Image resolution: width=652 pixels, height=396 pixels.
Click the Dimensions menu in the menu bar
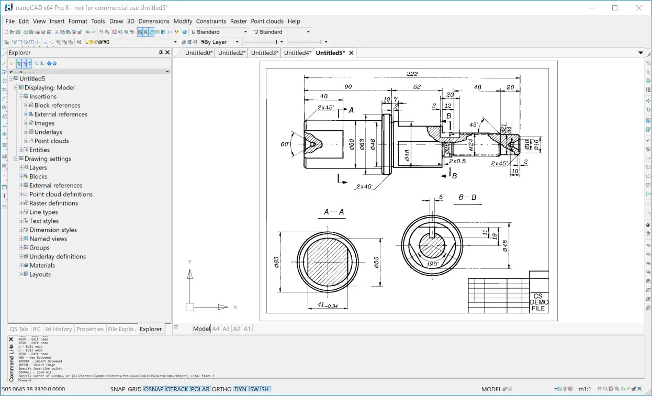coord(154,21)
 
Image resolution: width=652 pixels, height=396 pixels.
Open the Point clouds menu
coord(267,21)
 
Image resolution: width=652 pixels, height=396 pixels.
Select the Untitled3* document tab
coord(264,53)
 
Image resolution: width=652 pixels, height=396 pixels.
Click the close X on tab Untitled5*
coord(352,53)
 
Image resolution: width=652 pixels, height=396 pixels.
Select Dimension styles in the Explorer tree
coord(53,230)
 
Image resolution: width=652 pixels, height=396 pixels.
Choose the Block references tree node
coord(57,106)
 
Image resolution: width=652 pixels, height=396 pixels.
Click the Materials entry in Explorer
coord(42,266)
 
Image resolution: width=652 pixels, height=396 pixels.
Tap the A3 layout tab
coord(226,329)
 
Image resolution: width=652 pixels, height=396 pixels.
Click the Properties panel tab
coord(90,329)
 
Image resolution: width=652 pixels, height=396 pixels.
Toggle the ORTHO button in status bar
coord(222,389)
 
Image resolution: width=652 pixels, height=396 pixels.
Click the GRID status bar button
coord(135,389)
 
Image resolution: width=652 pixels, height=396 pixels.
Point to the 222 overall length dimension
coord(412,74)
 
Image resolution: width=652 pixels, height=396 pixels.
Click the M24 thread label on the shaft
coord(471,145)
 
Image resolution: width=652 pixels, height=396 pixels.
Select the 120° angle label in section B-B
coord(433,265)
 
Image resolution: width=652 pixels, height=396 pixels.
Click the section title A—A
coord(334,212)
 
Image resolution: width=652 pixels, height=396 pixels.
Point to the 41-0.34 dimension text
coord(328,305)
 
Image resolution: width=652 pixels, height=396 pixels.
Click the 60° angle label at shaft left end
coord(285,144)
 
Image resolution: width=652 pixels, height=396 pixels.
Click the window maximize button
coord(615,8)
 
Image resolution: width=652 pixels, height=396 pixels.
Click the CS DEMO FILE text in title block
coord(538,302)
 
